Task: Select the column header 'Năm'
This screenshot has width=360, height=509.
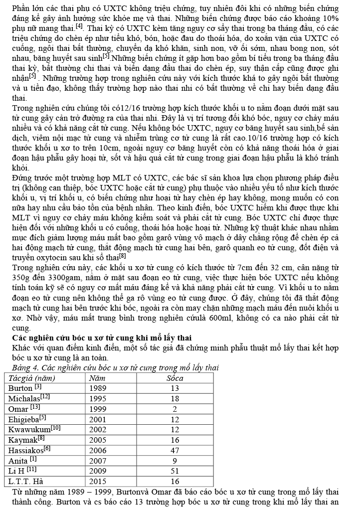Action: click(x=97, y=378)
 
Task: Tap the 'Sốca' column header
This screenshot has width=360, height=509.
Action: click(x=175, y=378)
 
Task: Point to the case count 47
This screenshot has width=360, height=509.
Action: click(x=175, y=450)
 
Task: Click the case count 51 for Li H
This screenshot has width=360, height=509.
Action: click(x=175, y=471)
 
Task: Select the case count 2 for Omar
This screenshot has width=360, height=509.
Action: click(x=175, y=409)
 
